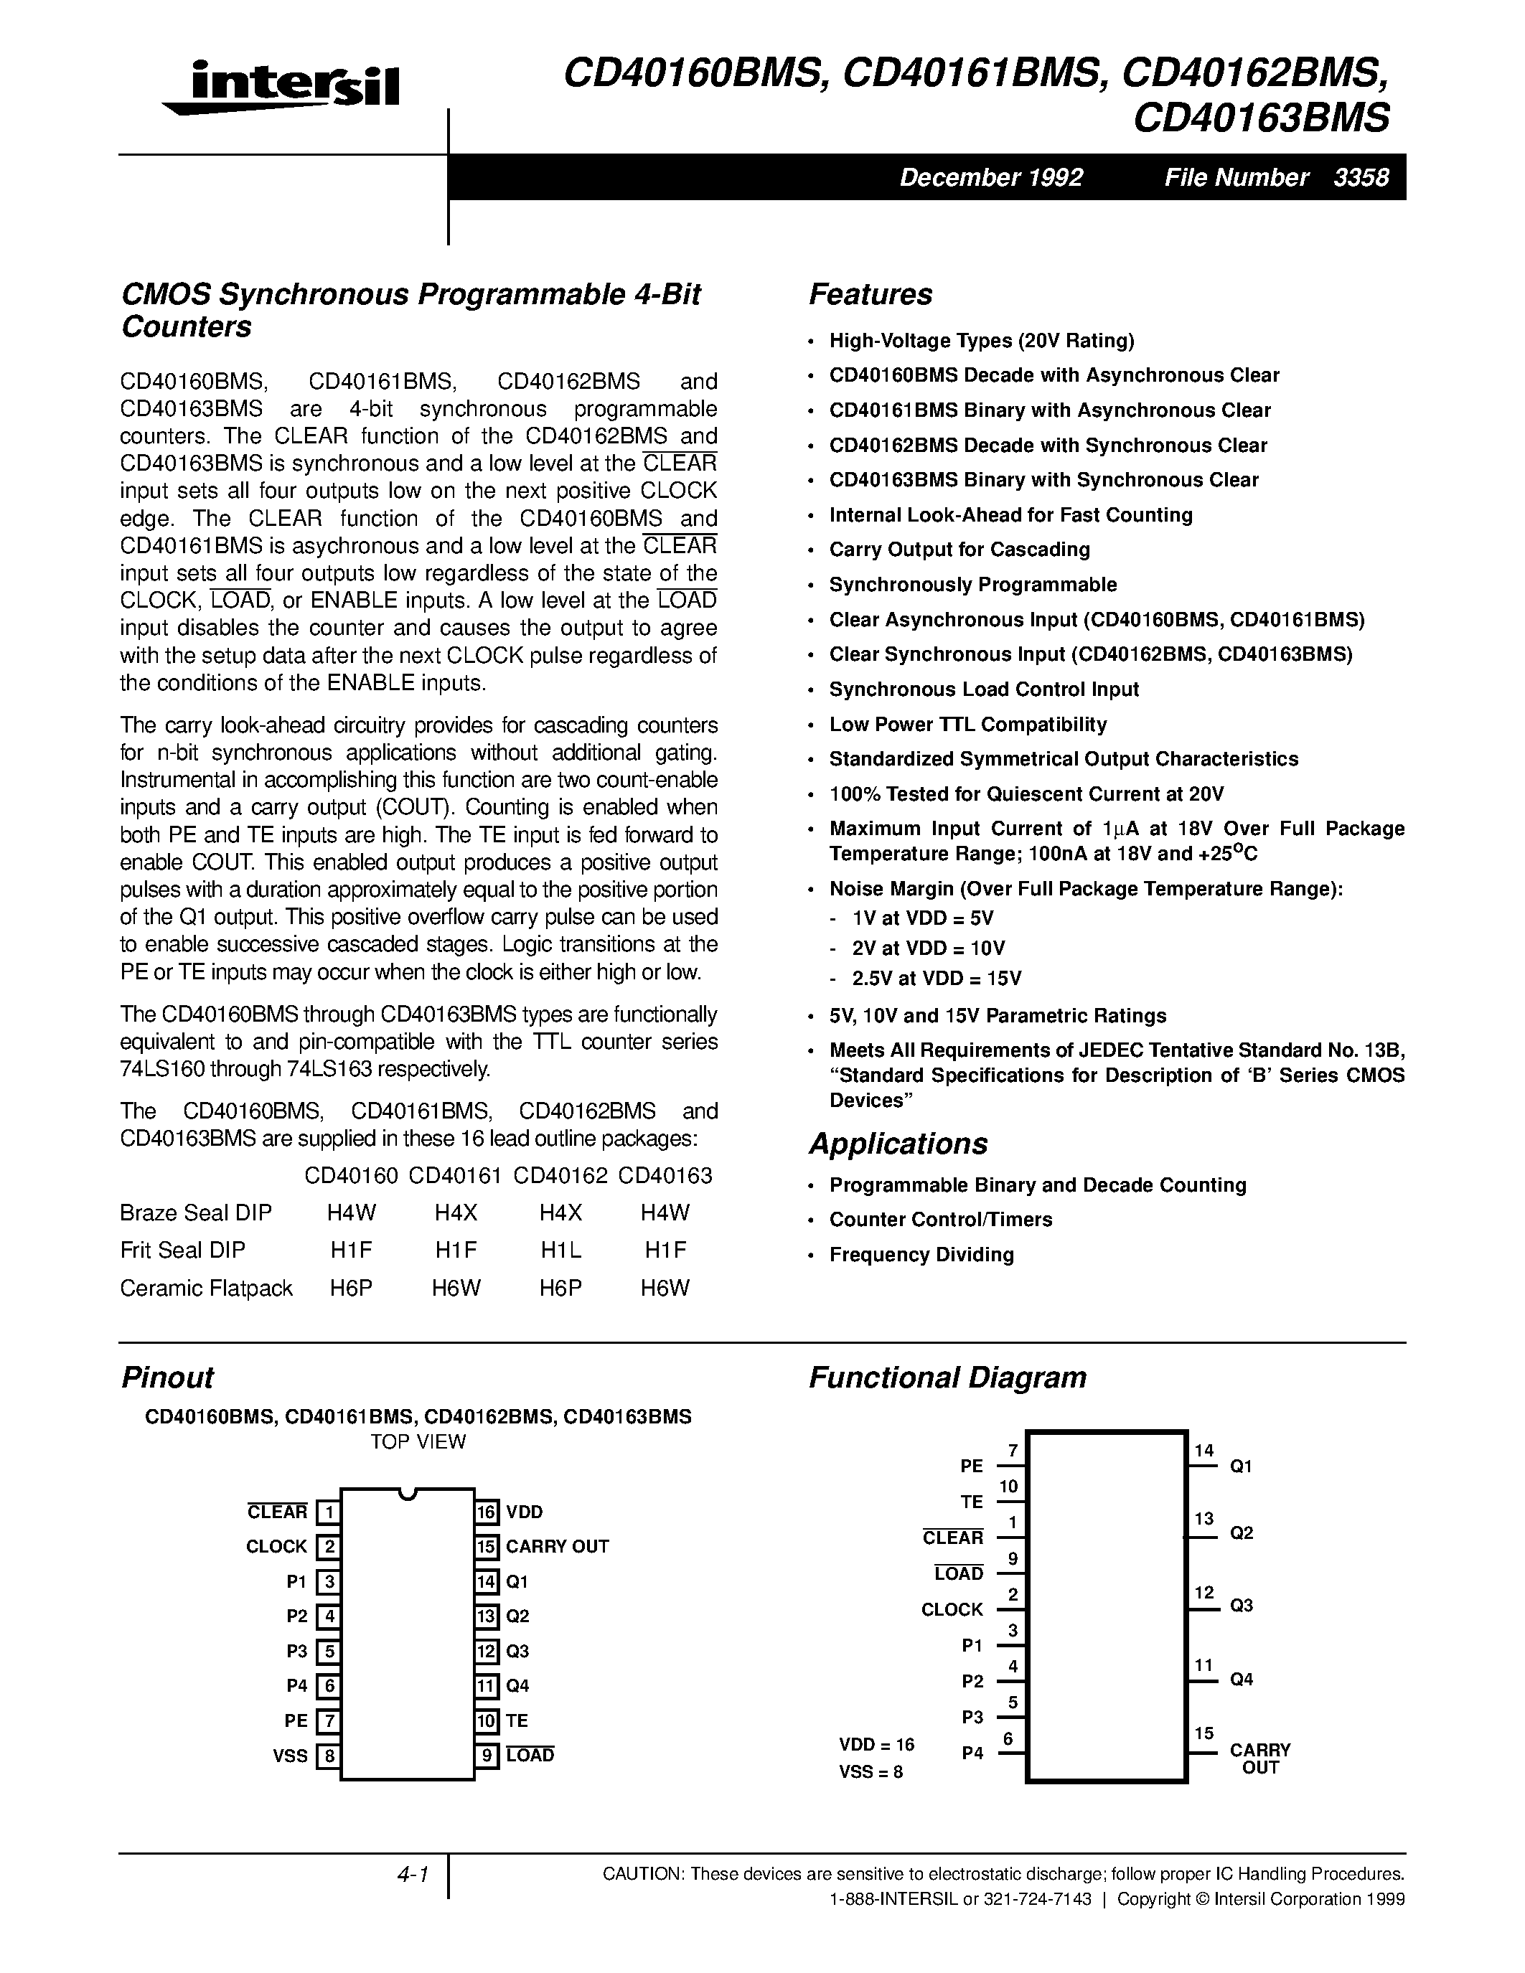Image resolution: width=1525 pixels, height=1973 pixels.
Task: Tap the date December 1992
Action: click(990, 177)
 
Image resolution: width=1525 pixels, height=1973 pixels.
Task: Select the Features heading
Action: click(870, 294)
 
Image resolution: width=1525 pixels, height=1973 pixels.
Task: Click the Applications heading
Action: click(898, 1144)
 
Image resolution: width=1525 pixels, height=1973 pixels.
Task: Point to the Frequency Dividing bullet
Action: click(921, 1255)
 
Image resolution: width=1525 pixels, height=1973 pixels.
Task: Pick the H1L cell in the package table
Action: click(560, 1251)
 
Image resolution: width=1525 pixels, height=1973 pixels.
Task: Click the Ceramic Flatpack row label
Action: click(206, 1289)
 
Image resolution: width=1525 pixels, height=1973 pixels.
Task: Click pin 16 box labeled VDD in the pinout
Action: click(487, 1512)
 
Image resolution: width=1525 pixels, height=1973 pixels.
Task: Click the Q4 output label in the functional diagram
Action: click(1242, 1680)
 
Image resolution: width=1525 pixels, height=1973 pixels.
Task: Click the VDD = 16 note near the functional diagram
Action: click(876, 1744)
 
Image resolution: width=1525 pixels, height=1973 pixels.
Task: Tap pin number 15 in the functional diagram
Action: click(1203, 1733)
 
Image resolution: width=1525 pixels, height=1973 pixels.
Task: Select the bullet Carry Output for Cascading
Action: click(959, 550)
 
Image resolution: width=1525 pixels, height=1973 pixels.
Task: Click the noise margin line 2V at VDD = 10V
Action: click(928, 948)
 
